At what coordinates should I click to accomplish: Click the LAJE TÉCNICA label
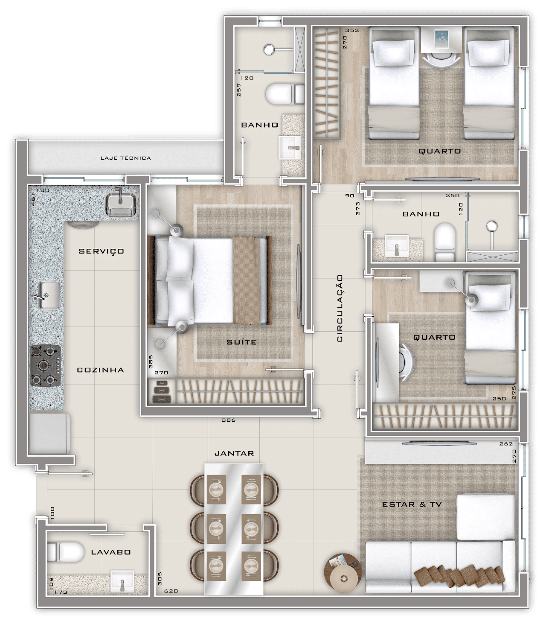tap(125, 158)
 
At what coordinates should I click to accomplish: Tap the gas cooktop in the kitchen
tap(45, 365)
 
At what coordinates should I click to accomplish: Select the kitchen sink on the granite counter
tap(49, 295)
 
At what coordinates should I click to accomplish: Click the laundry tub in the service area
tap(121, 204)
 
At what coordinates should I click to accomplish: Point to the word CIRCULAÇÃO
tap(340, 308)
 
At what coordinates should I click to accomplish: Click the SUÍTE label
tap(241, 342)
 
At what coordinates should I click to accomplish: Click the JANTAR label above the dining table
tap(234, 454)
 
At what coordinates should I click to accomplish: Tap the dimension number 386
tap(229, 420)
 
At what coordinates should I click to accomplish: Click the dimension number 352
tap(352, 30)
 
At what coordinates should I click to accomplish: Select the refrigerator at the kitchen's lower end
tap(49, 433)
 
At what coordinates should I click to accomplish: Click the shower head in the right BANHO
tap(492, 226)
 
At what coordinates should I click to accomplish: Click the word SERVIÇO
tap(101, 251)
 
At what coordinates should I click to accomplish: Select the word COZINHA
tap(100, 370)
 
